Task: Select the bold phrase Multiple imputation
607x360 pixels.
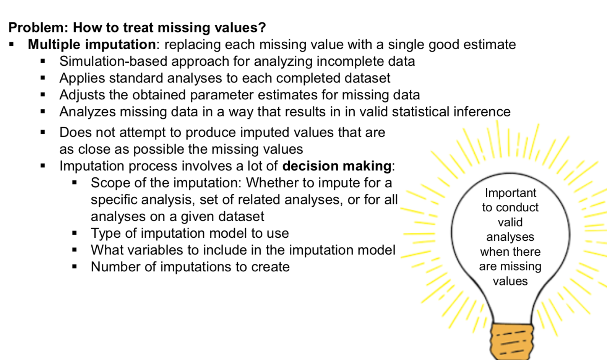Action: coord(92,45)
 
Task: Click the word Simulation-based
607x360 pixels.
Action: coord(113,62)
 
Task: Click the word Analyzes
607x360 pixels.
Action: coord(88,112)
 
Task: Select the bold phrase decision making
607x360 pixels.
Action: coord(337,166)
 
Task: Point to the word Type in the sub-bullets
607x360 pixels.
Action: coord(106,234)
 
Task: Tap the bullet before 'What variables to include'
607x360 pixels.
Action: coord(75,250)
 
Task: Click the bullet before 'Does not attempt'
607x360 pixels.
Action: coord(43,132)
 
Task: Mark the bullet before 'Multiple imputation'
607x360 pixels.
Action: coord(11,44)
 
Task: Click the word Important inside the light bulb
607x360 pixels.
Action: coord(510,193)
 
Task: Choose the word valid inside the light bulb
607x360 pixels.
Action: coord(510,222)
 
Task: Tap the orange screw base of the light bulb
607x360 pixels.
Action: coord(511,341)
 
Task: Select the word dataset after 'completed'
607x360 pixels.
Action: coord(367,78)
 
